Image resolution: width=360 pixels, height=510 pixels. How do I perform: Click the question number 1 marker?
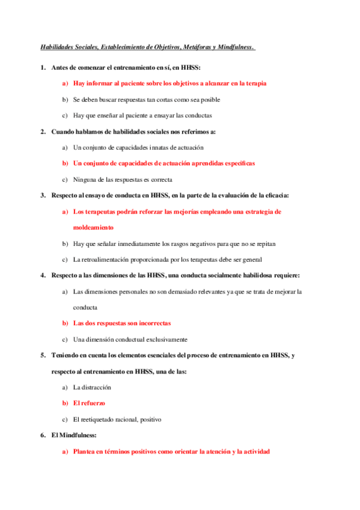pyautogui.click(x=43, y=67)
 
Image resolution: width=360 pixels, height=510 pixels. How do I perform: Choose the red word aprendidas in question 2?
pyautogui.click(x=203, y=163)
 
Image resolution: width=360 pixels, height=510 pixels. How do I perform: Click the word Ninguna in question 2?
pyautogui.click(x=85, y=179)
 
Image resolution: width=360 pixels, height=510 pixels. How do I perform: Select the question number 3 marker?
pyautogui.click(x=43, y=195)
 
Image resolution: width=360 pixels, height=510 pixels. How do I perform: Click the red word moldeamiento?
pyautogui.click(x=93, y=227)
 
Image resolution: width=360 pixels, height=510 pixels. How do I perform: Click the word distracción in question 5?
pyautogui.click(x=96, y=387)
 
